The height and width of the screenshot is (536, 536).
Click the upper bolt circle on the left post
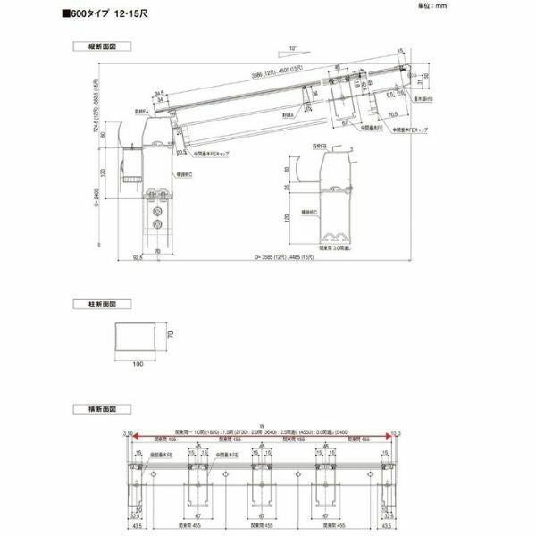click(159, 212)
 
